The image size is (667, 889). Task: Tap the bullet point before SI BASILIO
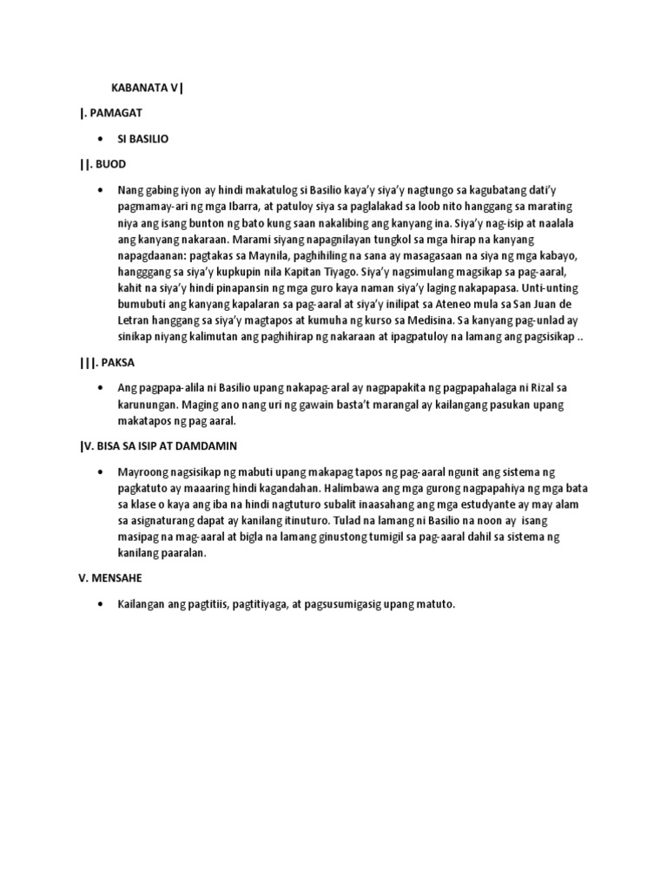click(x=102, y=138)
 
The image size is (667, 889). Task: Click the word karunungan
click(x=148, y=403)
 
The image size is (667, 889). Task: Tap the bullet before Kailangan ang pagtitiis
click(x=102, y=603)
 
